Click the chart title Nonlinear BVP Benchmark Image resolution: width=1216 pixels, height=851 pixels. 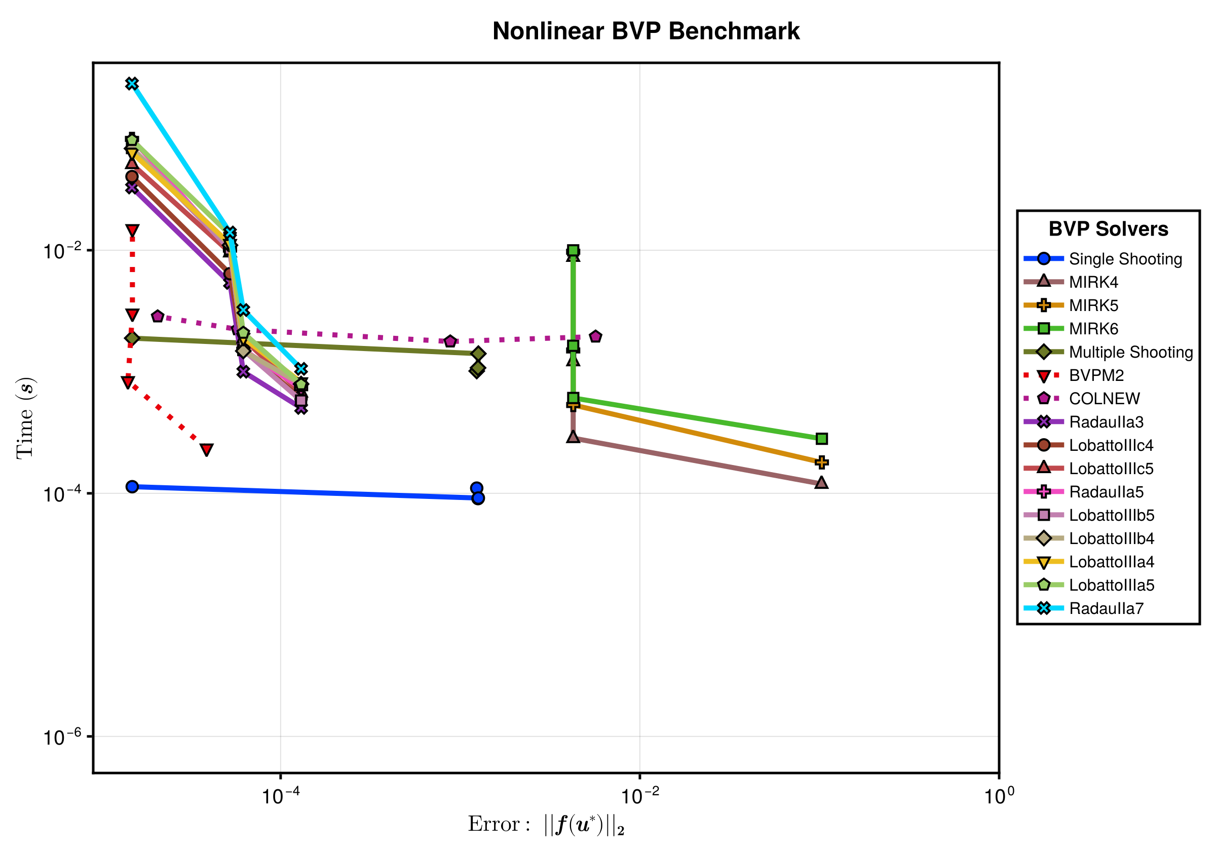(645, 31)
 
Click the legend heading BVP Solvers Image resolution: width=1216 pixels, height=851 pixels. (1109, 229)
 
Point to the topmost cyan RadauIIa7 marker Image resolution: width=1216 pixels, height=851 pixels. (132, 84)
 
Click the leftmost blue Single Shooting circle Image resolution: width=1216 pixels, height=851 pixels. (132, 487)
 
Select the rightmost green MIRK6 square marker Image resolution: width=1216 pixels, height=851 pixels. (821, 439)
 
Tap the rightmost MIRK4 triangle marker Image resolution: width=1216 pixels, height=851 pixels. (821, 482)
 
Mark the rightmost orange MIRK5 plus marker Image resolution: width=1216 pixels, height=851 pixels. (821, 462)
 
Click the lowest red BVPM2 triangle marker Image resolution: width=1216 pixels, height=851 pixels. (207, 450)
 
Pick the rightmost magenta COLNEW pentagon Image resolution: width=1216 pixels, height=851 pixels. (596, 336)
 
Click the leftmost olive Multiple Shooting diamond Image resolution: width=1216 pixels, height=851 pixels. (132, 338)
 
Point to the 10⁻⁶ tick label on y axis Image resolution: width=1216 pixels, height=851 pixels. (62, 737)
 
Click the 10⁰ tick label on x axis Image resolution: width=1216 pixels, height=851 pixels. (999, 796)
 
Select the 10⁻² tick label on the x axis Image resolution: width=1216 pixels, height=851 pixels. (640, 796)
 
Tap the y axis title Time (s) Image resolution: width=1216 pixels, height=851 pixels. (25, 418)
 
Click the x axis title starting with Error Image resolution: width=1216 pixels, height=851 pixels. (546, 825)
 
